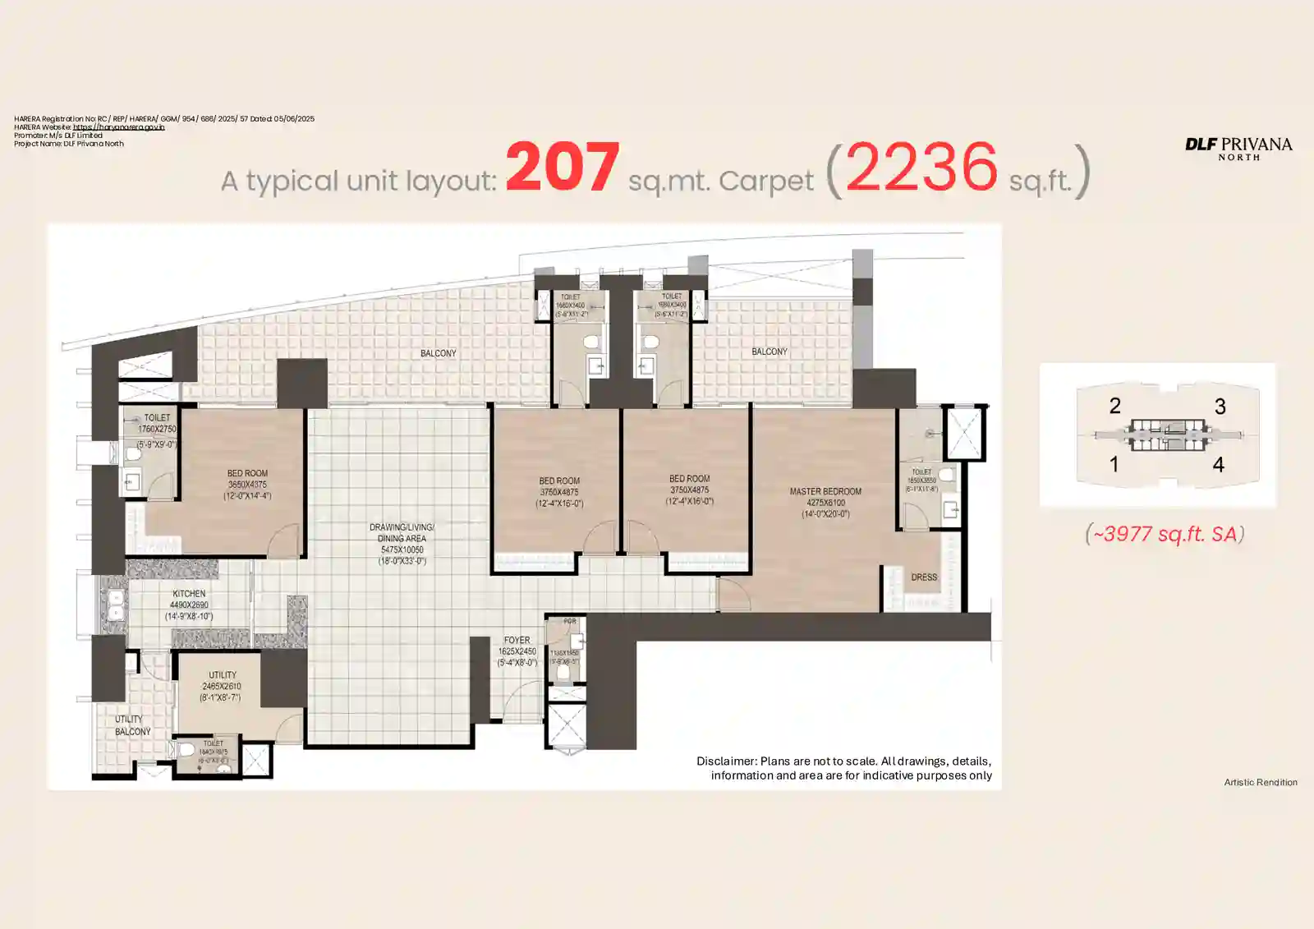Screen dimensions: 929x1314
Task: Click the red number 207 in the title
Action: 563,167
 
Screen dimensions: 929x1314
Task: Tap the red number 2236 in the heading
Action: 921,167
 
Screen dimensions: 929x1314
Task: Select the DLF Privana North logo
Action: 1238,148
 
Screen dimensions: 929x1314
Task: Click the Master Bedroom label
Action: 825,492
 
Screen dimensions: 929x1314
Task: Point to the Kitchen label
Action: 189,594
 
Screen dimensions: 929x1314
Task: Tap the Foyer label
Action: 517,641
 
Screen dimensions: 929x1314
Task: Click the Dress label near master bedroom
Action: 924,577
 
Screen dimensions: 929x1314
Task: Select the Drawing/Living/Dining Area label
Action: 402,533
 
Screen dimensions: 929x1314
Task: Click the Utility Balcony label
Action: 131,725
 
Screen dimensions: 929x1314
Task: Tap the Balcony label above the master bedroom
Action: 770,352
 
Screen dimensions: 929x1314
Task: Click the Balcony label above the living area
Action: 438,353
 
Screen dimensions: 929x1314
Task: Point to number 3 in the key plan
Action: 1220,407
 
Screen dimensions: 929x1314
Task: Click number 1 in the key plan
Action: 1114,464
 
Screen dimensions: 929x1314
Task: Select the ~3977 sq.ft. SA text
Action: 1165,534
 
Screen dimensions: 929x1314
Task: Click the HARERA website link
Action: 118,127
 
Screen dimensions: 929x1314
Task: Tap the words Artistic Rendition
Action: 1261,782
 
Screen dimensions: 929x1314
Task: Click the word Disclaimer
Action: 727,761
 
